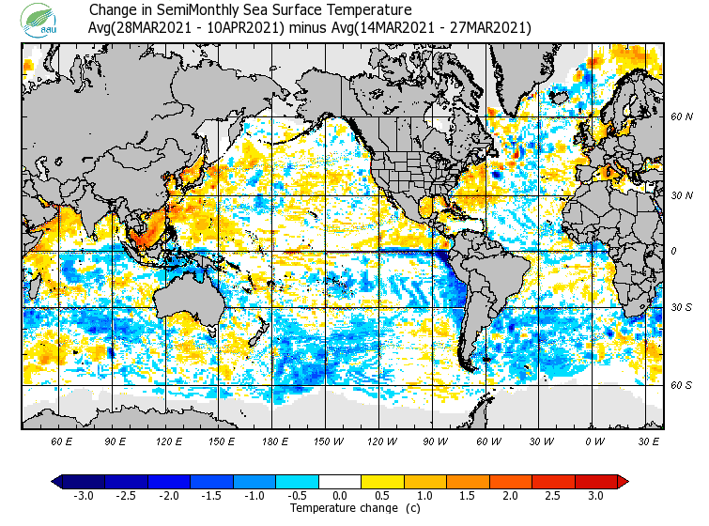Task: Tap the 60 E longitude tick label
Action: pos(62,441)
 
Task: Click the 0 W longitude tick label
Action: pos(593,441)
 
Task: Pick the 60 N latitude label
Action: pos(681,116)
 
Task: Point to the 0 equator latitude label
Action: pos(672,251)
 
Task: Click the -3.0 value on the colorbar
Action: pos(83,495)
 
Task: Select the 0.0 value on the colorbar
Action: pos(340,495)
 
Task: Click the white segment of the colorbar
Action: pos(340,481)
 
